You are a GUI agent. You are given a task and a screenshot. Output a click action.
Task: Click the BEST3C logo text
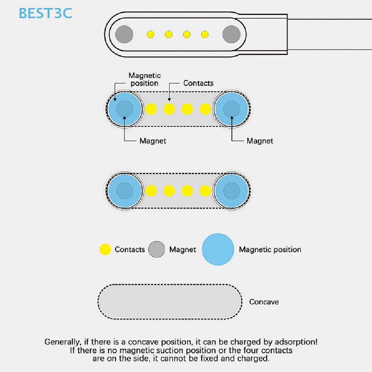click(45, 13)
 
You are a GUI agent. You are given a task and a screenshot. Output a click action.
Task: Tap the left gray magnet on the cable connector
click(124, 35)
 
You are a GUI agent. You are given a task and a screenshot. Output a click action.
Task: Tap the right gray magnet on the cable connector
click(231, 35)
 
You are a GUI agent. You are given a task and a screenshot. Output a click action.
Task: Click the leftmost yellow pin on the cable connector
click(150, 35)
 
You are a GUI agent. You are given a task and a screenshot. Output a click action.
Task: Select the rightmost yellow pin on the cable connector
click(205, 35)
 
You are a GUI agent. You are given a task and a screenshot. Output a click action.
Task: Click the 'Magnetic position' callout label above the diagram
click(145, 79)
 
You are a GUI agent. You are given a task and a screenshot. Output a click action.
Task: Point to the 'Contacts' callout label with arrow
click(198, 83)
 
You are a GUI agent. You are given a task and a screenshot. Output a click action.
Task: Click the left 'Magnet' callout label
click(153, 141)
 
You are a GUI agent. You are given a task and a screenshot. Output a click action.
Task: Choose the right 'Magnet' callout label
click(260, 141)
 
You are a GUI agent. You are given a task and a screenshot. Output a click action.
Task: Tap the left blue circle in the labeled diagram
click(125, 109)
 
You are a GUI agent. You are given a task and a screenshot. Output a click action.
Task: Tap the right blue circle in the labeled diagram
click(231, 109)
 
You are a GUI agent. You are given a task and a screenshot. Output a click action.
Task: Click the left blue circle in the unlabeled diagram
click(125, 191)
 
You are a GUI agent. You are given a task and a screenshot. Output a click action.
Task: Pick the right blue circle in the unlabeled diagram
click(231, 191)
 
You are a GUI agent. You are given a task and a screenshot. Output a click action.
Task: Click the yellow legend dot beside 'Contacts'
click(105, 249)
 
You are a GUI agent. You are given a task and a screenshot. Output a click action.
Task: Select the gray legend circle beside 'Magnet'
click(157, 249)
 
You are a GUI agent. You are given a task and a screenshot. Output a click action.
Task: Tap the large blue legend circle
click(218, 249)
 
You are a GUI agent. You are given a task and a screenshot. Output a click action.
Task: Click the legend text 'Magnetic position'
click(270, 250)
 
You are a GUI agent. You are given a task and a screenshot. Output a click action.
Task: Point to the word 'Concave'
click(264, 302)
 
